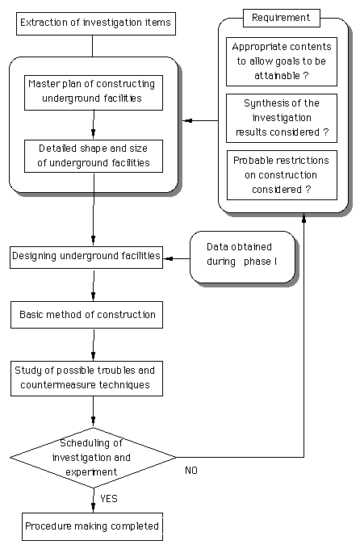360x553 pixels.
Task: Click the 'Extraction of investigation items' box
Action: coord(96,23)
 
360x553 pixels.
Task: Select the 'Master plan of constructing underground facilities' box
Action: coord(94,92)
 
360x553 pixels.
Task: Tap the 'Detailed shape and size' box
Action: coord(94,157)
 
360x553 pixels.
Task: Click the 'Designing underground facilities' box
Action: coord(86,258)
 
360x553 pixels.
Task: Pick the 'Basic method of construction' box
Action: coord(86,315)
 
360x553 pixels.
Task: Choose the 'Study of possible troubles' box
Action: coord(86,379)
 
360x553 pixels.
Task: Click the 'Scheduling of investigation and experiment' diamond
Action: coord(94,458)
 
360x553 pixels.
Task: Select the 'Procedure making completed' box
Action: coord(92,527)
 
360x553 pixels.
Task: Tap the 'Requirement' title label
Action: coord(282,18)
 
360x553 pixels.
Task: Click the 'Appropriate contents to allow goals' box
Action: coord(282,61)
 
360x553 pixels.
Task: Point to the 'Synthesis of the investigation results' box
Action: coord(282,118)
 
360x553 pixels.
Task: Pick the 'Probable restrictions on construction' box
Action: coord(282,175)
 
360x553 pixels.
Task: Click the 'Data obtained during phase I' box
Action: coord(242,257)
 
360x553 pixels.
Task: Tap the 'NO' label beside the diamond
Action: coord(191,471)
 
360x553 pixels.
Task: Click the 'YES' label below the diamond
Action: coord(109,499)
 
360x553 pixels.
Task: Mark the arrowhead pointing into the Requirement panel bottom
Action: coord(304,218)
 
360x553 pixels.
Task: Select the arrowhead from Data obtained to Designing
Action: coord(169,259)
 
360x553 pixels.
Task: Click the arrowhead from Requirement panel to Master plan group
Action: coord(189,120)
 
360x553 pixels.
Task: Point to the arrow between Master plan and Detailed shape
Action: coord(94,124)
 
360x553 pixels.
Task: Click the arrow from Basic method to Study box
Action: coord(94,345)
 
